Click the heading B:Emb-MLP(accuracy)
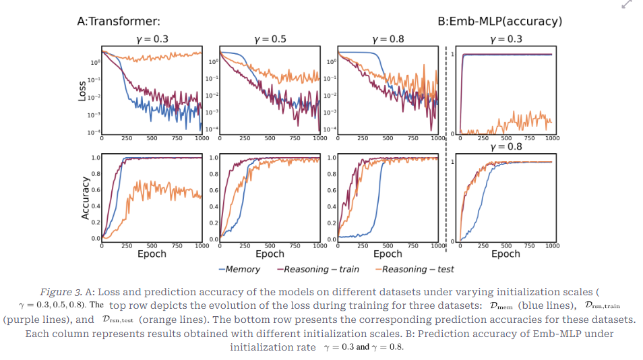[x=499, y=22]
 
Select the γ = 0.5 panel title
[x=270, y=39]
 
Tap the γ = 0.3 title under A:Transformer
[x=152, y=39]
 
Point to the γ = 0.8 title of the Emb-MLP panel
[x=506, y=146]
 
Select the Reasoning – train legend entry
[x=318, y=269]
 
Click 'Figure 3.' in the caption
[x=61, y=292]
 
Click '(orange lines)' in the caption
[x=171, y=320]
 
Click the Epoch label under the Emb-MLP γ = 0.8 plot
[x=506, y=254]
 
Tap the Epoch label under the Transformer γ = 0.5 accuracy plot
[x=270, y=254]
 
